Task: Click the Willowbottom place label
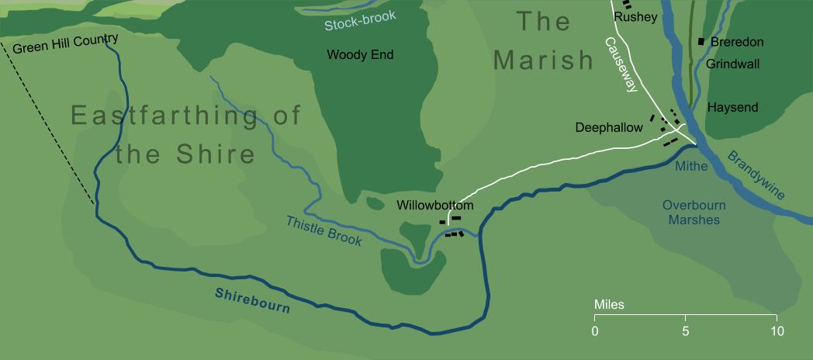pyautogui.click(x=434, y=206)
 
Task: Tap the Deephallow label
pyautogui.click(x=609, y=127)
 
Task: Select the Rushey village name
pyautogui.click(x=635, y=16)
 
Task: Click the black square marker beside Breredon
pyautogui.click(x=701, y=41)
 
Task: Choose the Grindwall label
pyautogui.click(x=732, y=64)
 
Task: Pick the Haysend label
pyautogui.click(x=733, y=107)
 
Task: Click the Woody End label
pyautogui.click(x=360, y=55)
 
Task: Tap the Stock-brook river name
pyautogui.click(x=360, y=21)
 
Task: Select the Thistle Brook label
pyautogui.click(x=324, y=230)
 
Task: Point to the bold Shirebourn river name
pyautogui.click(x=252, y=300)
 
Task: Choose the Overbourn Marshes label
pyautogui.click(x=690, y=213)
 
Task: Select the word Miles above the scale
pyautogui.click(x=609, y=305)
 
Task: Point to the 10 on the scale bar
pyautogui.click(x=777, y=331)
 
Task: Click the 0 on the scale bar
pyautogui.click(x=595, y=331)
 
